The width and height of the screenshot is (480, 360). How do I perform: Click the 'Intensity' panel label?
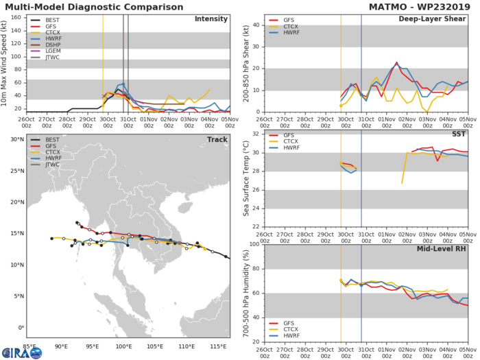[211, 19]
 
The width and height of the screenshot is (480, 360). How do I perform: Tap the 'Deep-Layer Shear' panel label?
[435, 19]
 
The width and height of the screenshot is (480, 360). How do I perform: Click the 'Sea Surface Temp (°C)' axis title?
[246, 177]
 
